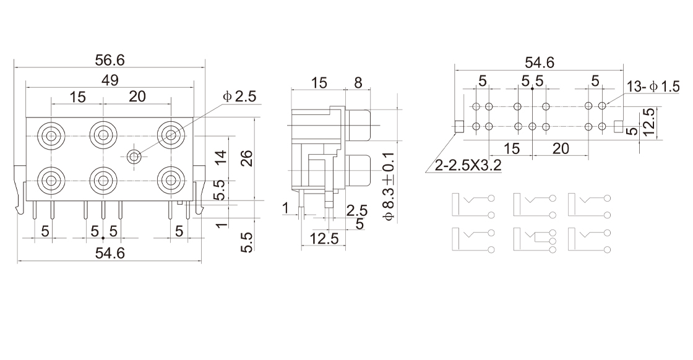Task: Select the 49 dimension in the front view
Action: tap(110, 80)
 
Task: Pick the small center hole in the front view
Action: tap(134, 156)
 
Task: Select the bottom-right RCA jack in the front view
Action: tap(171, 180)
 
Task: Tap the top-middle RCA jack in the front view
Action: tap(103, 134)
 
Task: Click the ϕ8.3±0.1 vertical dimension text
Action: tap(387, 186)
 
